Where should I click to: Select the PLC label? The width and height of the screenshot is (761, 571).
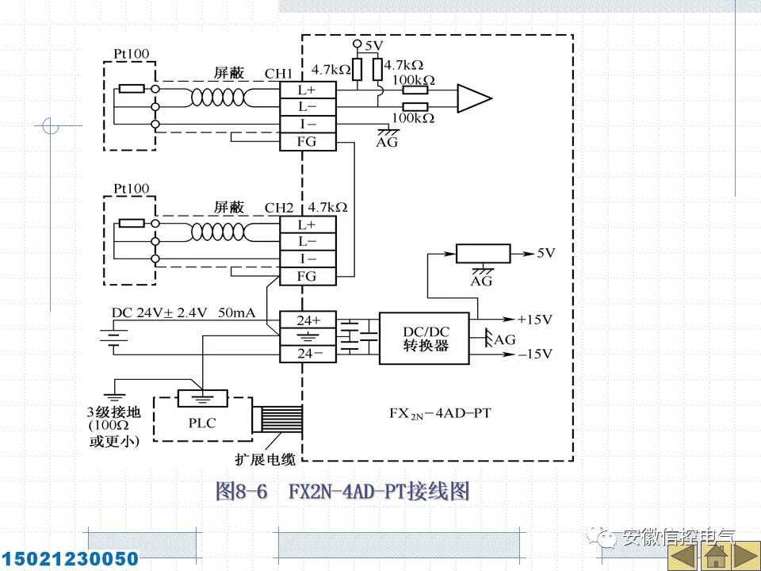click(x=203, y=423)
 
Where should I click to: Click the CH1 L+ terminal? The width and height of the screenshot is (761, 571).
click(x=307, y=91)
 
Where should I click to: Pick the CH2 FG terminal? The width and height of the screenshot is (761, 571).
click(x=307, y=276)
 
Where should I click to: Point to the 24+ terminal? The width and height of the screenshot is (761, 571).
click(x=307, y=320)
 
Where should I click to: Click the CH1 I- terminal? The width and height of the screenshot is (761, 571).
click(x=307, y=125)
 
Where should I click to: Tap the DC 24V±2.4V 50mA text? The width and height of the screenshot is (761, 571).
click(x=183, y=313)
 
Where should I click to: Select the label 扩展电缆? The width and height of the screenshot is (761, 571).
click(x=262, y=458)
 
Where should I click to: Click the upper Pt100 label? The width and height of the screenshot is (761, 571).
click(x=131, y=55)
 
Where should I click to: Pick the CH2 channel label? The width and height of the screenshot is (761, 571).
click(x=279, y=208)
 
